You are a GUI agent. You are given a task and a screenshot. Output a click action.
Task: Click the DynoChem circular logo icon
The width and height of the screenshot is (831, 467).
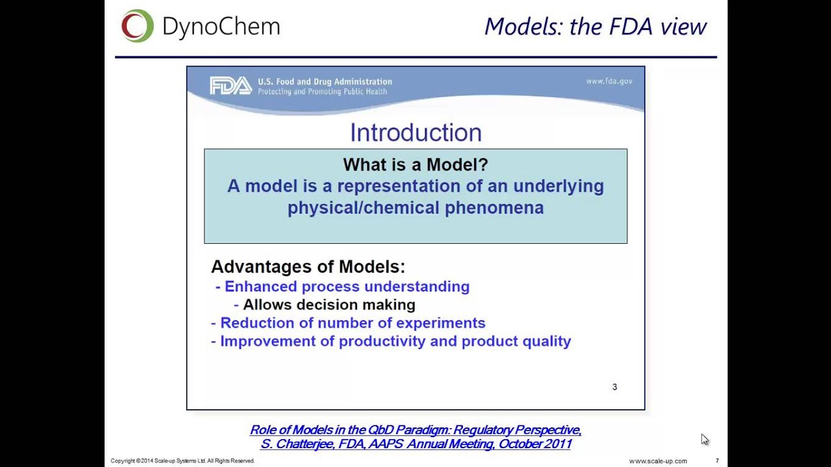137,26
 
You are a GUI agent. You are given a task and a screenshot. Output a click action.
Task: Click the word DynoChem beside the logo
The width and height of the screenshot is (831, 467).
221,27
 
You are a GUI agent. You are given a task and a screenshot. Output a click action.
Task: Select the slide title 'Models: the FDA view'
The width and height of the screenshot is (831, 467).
595,27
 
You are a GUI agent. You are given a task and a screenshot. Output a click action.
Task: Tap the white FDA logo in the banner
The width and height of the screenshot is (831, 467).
230,86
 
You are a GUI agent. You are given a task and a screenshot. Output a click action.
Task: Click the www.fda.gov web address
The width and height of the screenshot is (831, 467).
608,81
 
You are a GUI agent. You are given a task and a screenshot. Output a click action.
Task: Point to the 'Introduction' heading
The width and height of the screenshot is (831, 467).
415,132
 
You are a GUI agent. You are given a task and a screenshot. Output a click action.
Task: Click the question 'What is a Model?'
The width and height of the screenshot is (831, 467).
415,165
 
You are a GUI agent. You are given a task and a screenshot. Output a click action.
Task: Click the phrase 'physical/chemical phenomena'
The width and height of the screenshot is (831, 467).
415,208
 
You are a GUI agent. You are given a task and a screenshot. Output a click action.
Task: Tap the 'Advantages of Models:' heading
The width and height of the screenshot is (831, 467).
308,267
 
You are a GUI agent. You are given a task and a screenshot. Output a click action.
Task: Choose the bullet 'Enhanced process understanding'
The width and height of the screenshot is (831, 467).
346,287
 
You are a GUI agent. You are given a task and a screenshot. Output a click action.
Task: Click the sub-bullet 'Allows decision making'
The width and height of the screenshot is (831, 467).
329,305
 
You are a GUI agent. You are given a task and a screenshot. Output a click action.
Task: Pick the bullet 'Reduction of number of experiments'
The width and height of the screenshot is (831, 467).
352,323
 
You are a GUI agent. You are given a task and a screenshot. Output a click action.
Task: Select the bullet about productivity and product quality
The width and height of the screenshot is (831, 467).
395,341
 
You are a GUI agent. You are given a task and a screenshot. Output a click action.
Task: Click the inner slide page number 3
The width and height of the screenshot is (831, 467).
614,387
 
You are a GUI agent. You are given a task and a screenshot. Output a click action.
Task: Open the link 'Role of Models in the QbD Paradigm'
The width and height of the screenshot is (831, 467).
415,430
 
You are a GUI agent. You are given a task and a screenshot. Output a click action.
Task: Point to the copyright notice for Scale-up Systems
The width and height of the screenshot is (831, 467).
182,461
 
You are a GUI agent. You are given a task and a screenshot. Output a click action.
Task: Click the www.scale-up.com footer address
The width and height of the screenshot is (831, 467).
658,461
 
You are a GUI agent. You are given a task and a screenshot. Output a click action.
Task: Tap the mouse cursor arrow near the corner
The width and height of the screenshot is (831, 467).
704,439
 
